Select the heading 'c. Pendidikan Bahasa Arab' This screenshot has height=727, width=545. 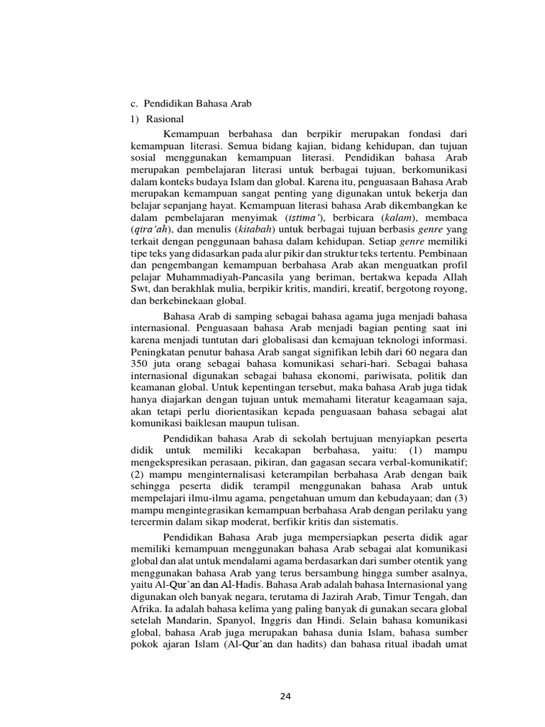tap(192, 104)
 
